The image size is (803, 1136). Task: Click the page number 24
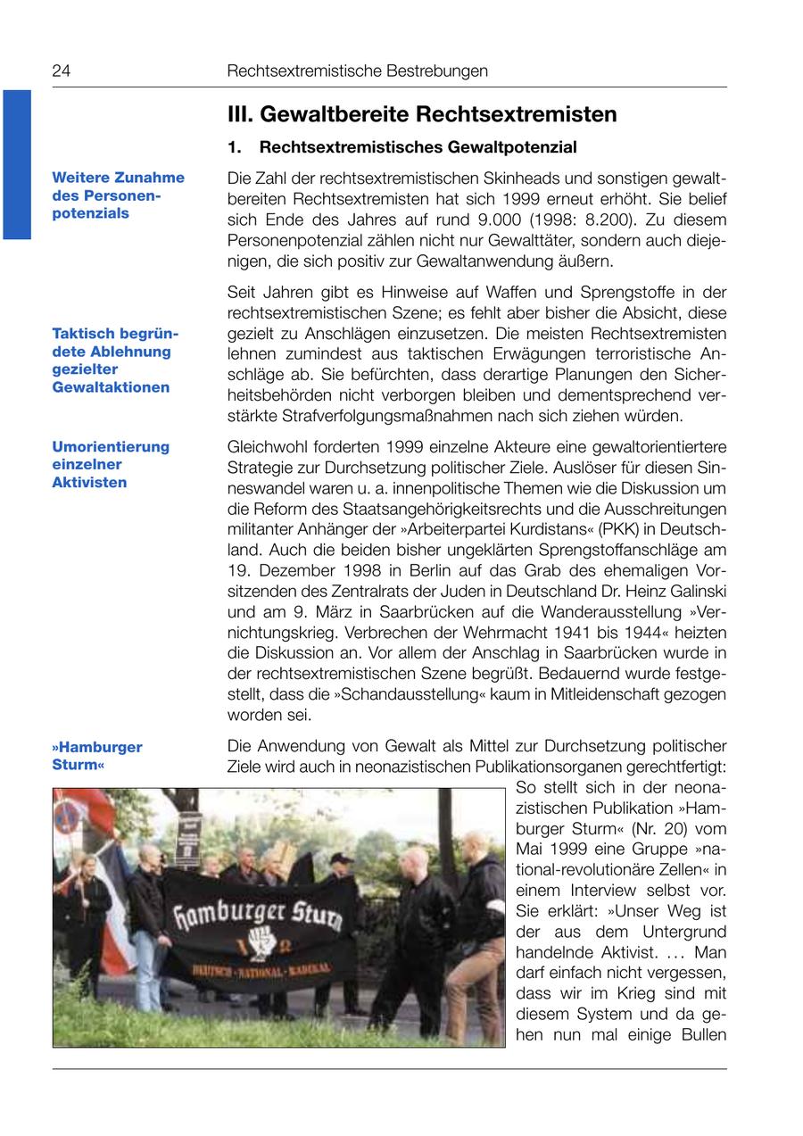pyautogui.click(x=61, y=71)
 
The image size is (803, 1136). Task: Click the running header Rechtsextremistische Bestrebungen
pyautogui.click(x=357, y=71)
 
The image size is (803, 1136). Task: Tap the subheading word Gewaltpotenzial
pyautogui.click(x=515, y=147)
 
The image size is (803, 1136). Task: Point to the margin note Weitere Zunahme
pyautogui.click(x=118, y=178)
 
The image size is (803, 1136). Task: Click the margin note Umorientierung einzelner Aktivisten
pyautogui.click(x=110, y=464)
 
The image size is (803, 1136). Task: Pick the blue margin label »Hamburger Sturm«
pyautogui.click(x=96, y=756)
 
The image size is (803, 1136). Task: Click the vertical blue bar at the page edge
pyautogui.click(x=16, y=164)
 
